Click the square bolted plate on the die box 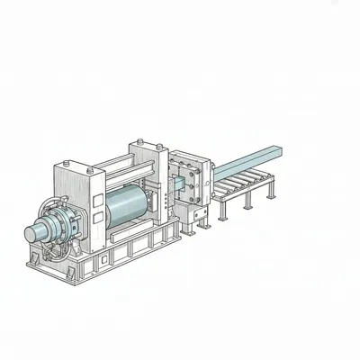point(192,181)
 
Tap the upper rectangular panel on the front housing point(72,180)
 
